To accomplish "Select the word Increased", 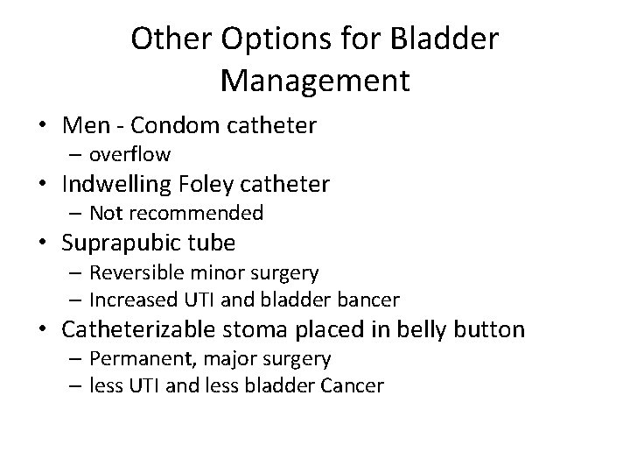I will tap(128, 300).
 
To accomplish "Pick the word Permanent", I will tap(133, 358).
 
